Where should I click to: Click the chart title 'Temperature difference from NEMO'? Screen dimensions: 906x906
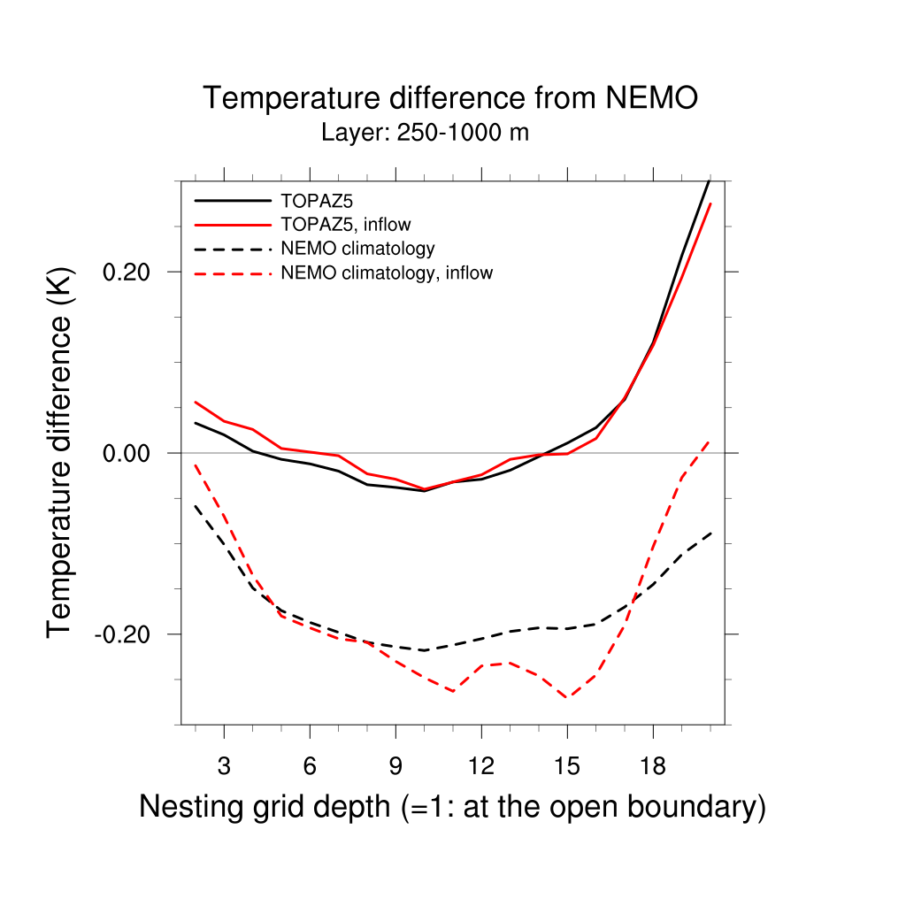pyautogui.click(x=450, y=98)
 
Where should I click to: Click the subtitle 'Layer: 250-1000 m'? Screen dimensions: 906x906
pyautogui.click(x=425, y=134)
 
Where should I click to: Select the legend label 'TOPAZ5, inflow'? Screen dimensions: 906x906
pyautogui.click(x=345, y=225)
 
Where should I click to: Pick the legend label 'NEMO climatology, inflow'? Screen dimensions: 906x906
pyautogui.click(x=386, y=273)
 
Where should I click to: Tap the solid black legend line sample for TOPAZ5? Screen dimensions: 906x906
pyautogui.click(x=232, y=201)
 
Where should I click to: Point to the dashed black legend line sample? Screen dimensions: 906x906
pyautogui.click(x=232, y=249)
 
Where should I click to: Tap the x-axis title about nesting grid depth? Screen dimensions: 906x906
pyautogui.click(x=452, y=807)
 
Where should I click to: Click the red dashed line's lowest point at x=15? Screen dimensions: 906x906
pyautogui.click(x=567, y=698)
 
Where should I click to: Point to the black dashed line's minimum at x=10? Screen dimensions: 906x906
pyautogui.click(x=425, y=650)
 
